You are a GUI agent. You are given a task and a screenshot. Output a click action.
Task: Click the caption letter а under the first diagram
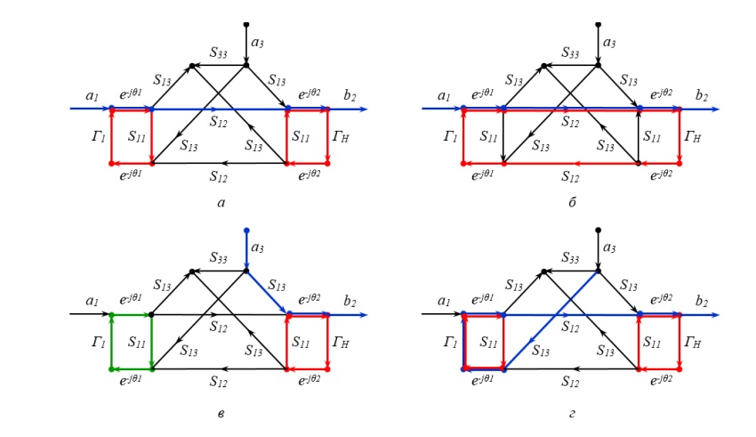click(221, 204)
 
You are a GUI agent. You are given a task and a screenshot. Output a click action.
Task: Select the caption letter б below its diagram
click(572, 204)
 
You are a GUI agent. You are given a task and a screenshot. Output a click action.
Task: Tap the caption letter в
click(221, 413)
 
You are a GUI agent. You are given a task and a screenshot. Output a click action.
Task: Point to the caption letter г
click(572, 413)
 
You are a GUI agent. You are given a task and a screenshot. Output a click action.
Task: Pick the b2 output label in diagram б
click(703, 95)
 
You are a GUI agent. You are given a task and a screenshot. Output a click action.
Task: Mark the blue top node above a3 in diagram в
click(246, 231)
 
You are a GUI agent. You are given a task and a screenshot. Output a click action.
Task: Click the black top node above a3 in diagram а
click(246, 24)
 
